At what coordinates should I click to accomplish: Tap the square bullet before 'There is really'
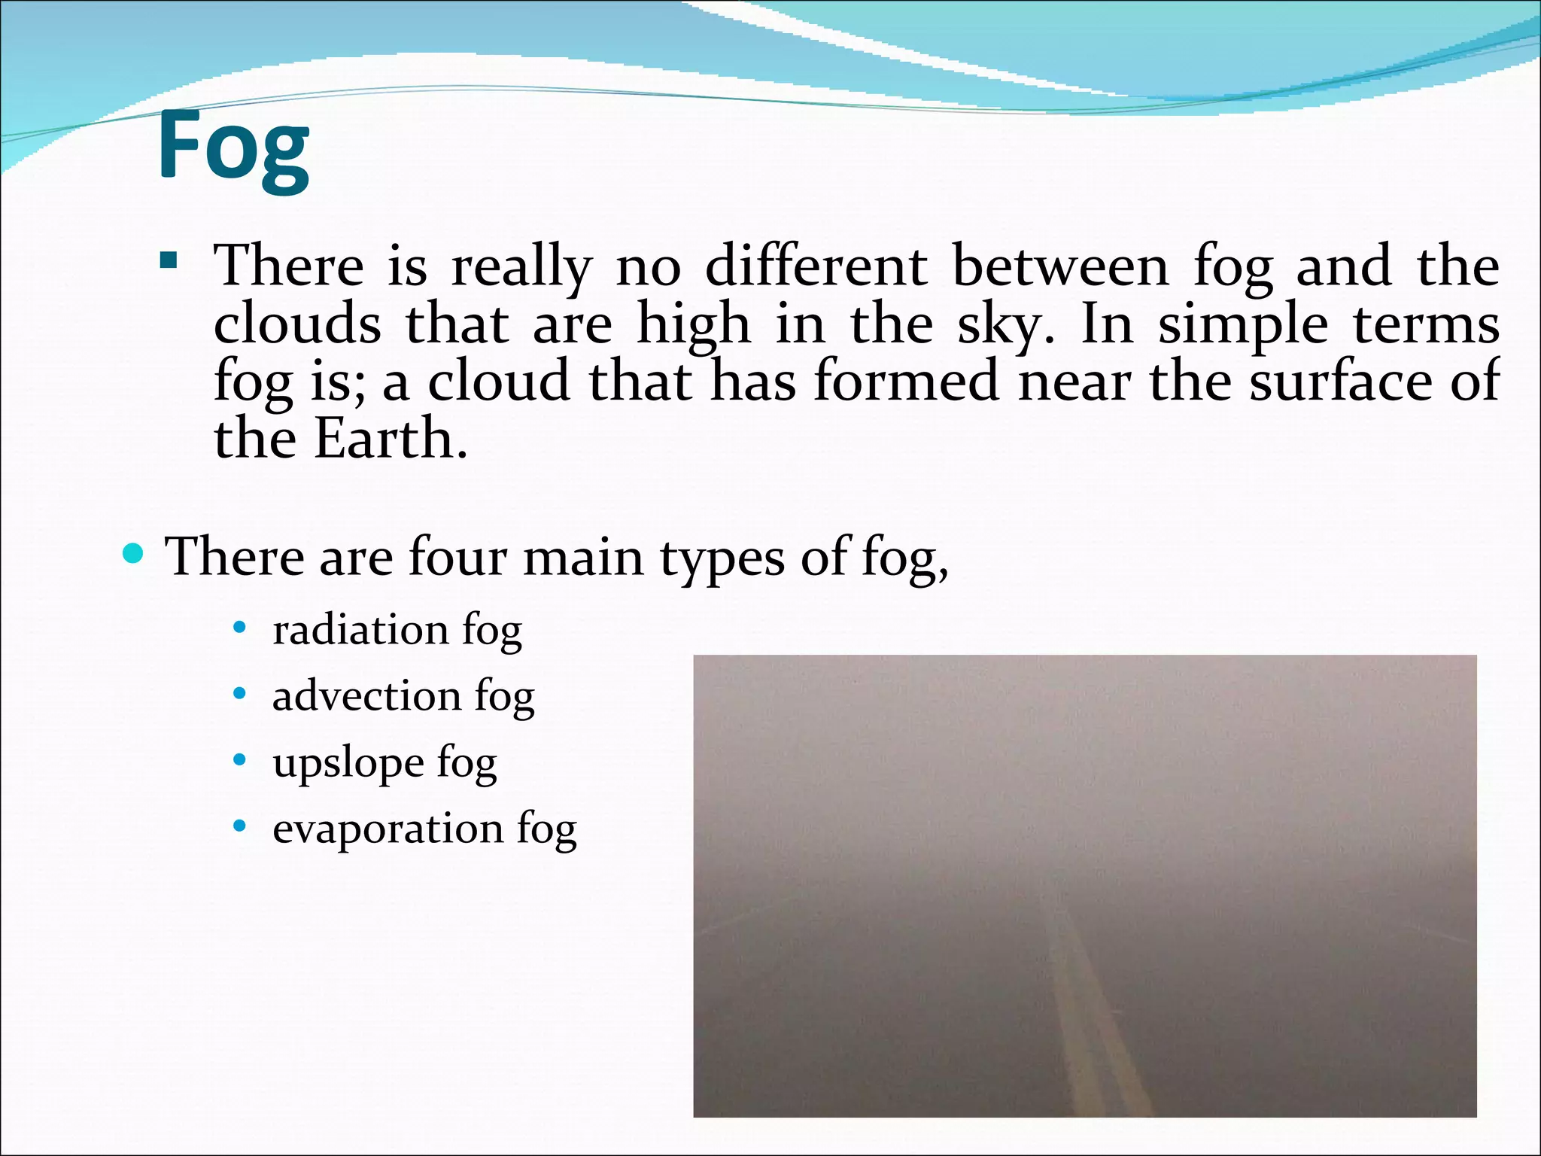coord(169,262)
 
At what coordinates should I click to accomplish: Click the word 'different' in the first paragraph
coord(816,266)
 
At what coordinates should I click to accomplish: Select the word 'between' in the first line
coord(1060,266)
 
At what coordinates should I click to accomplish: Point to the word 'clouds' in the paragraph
coord(297,324)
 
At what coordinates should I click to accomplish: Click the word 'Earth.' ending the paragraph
coord(391,438)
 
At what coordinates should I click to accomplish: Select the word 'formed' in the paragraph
coord(907,381)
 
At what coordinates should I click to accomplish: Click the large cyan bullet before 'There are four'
coord(133,555)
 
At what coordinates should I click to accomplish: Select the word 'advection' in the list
coord(366,695)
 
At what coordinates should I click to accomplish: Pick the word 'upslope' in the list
coord(348,763)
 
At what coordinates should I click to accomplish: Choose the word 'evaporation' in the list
coord(388,828)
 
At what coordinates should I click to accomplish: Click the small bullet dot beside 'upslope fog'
coord(239,760)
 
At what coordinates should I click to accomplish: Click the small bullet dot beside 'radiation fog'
coord(239,628)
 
